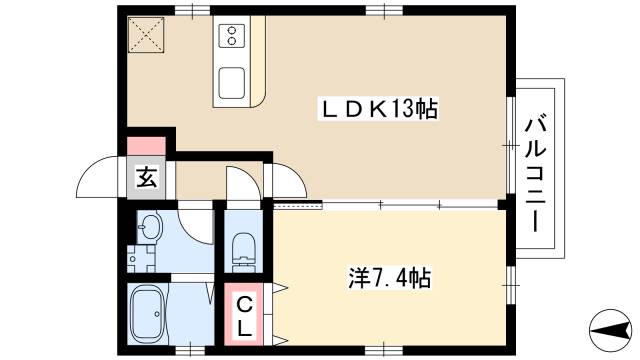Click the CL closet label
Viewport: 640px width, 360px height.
(244, 314)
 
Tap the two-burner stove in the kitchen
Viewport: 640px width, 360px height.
(231, 36)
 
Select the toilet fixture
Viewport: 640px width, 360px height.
(243, 248)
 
